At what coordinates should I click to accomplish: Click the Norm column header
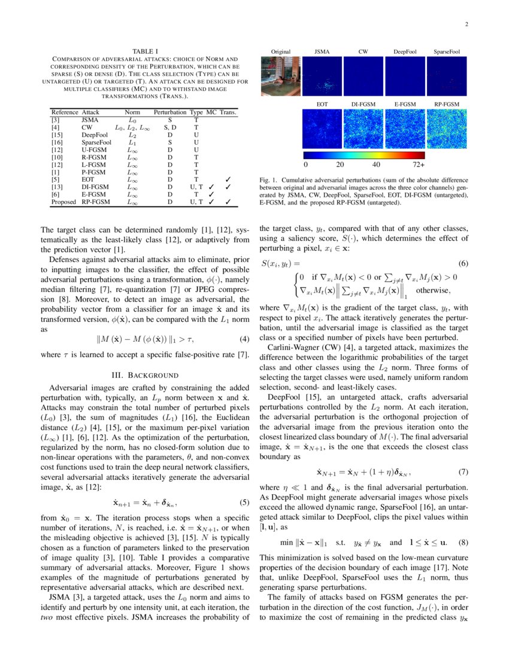tap(132, 112)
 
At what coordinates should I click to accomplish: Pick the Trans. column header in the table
tap(228, 112)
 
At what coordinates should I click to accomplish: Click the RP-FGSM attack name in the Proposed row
tap(95, 202)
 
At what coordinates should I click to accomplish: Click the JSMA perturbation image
tap(322, 76)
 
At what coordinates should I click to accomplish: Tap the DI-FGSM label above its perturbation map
tap(363, 105)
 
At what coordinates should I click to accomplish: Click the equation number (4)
tap(244, 339)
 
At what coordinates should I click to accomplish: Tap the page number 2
tap(465, 25)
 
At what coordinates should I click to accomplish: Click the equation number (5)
tap(244, 502)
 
